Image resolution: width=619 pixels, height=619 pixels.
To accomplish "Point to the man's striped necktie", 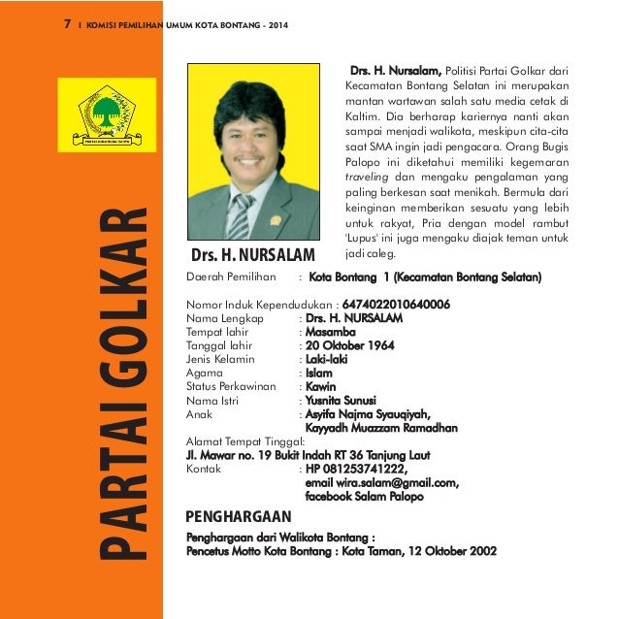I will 239,217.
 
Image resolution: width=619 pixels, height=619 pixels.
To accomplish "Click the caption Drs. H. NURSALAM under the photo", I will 253,255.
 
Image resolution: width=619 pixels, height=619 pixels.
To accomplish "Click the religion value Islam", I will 318,372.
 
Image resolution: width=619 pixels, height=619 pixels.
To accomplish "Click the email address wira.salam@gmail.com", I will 381,482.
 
